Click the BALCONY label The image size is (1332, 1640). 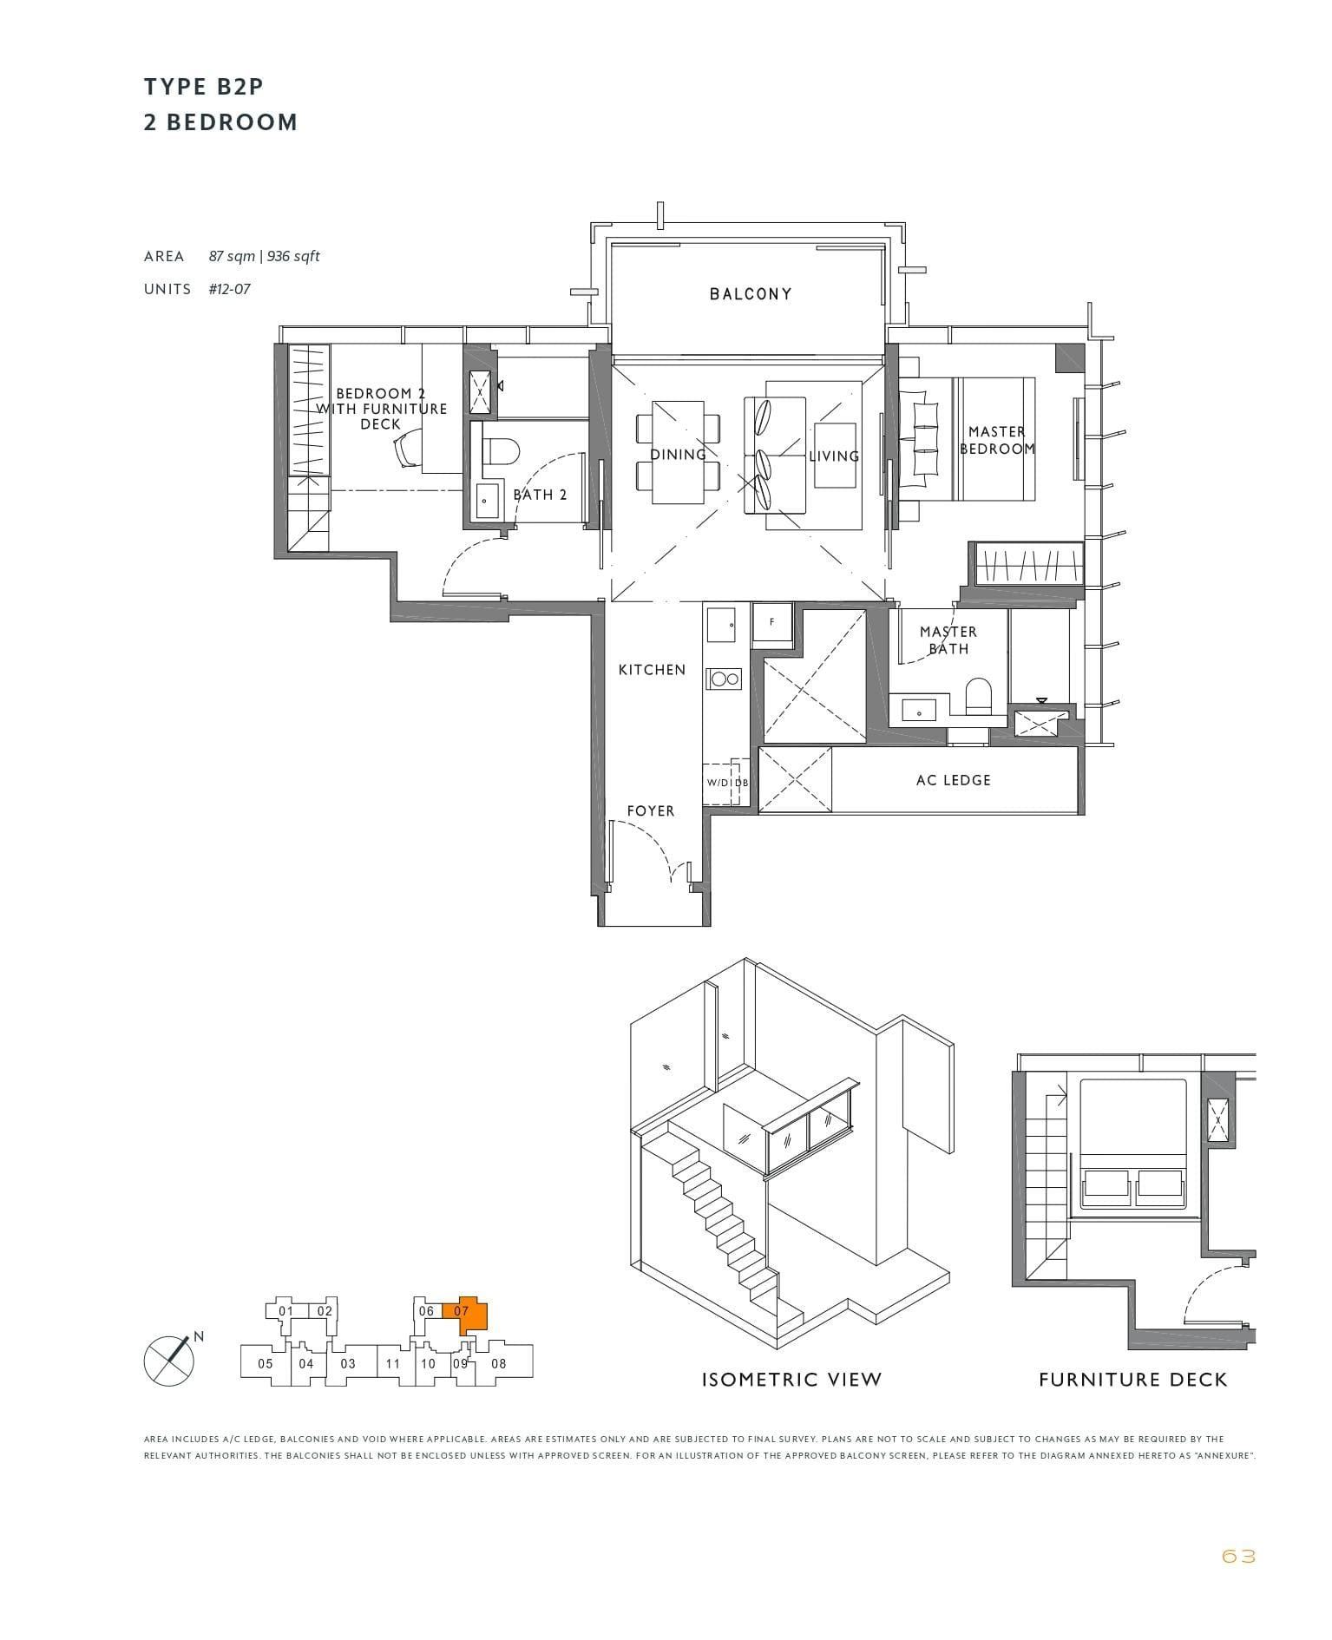(x=751, y=294)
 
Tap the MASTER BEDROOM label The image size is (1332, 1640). (x=997, y=440)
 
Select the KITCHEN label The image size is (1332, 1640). (x=652, y=670)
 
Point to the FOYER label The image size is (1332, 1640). (x=651, y=811)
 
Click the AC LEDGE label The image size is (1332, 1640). (x=953, y=780)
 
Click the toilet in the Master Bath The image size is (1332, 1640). (x=978, y=695)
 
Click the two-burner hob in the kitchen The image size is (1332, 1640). (x=725, y=679)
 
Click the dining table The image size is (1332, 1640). (x=678, y=452)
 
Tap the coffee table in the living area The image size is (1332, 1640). (x=835, y=455)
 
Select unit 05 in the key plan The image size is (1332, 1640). (x=266, y=1363)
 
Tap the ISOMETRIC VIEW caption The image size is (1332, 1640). (x=791, y=1379)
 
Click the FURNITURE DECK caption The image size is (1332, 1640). (x=1132, y=1379)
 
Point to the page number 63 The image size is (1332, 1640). (x=1237, y=1556)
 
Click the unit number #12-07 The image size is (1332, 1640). (x=229, y=289)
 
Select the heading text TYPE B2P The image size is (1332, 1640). (x=204, y=87)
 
